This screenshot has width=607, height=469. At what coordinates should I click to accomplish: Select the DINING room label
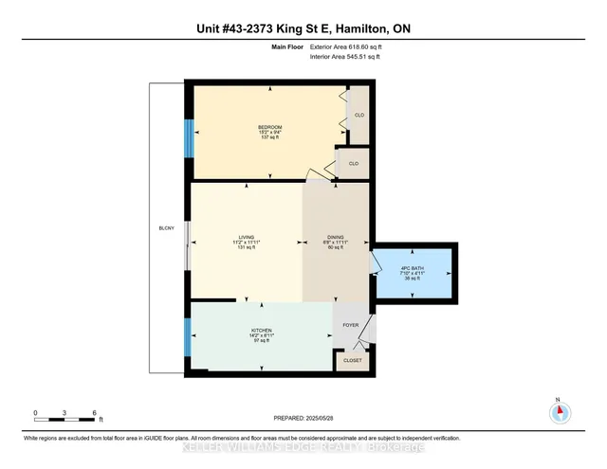pos(336,237)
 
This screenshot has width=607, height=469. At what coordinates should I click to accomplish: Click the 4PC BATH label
pos(412,268)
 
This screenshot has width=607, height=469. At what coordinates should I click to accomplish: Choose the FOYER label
pos(350,324)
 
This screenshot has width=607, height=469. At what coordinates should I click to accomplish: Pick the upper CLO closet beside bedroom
pos(359,115)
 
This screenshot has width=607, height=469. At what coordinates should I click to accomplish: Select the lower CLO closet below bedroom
pos(353,163)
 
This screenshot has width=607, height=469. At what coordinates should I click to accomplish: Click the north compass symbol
pos(559,412)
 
